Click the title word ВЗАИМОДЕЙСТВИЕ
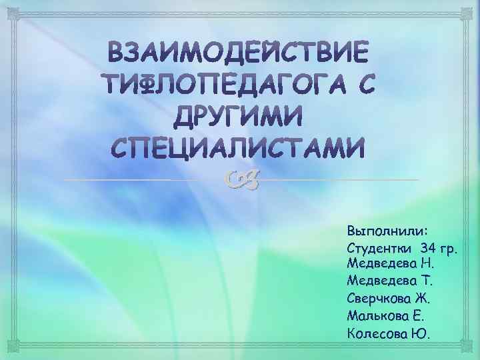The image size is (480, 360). tap(238, 51)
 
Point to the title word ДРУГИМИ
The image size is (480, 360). tap(238, 117)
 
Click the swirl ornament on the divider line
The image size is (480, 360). tap(239, 177)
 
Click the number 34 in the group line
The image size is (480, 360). tap(422, 249)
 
